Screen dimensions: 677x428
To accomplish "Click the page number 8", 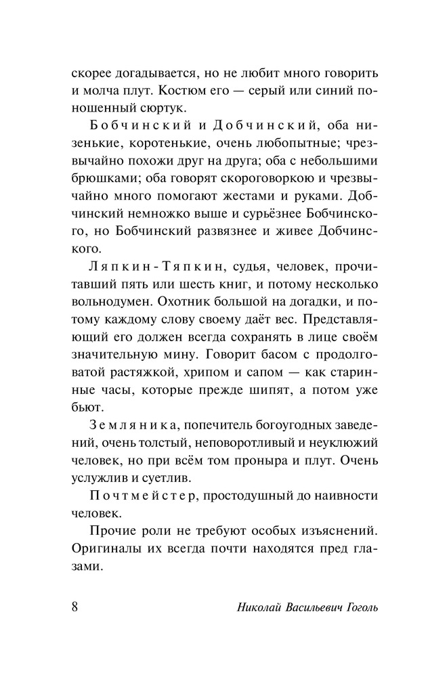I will pos(74,605).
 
